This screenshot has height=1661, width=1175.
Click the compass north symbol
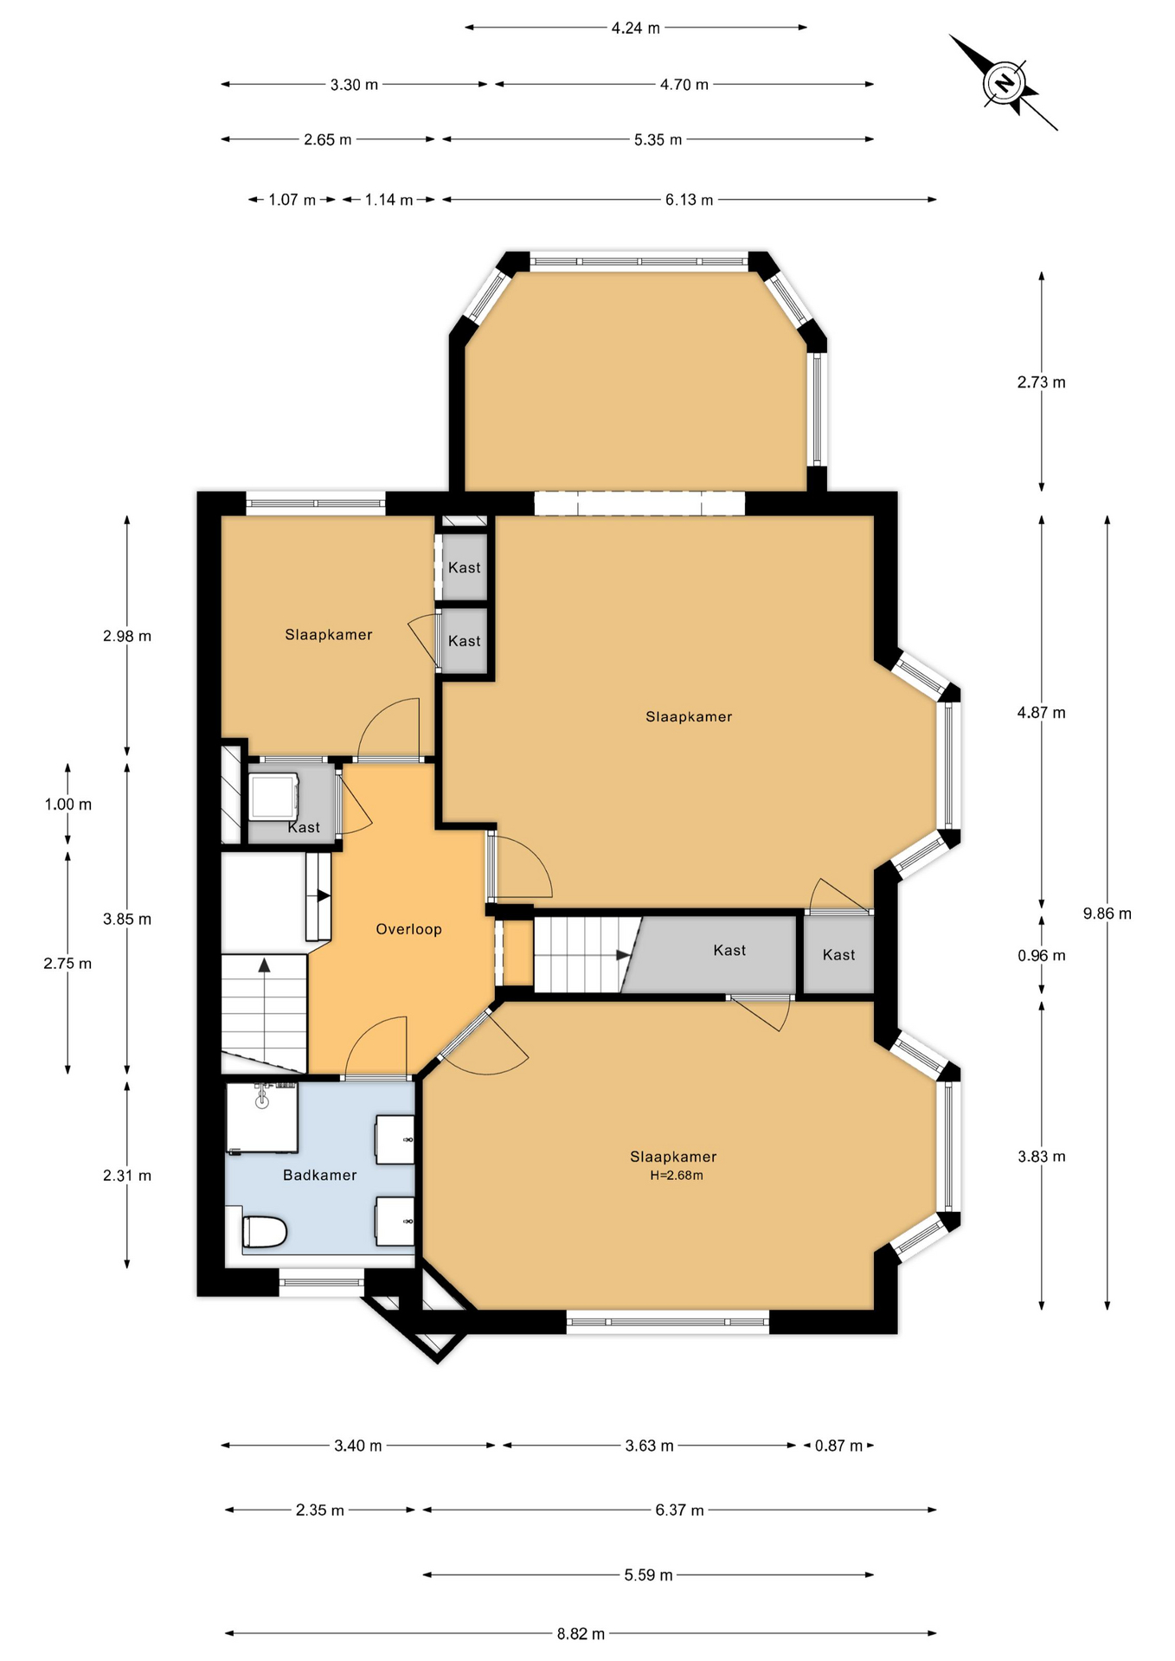(1004, 84)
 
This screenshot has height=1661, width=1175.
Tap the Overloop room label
(408, 929)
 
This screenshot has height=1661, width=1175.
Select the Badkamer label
(320, 1175)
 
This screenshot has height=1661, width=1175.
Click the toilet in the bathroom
(264, 1232)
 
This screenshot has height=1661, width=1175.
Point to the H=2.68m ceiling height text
(677, 1176)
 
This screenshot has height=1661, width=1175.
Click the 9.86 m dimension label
(1108, 914)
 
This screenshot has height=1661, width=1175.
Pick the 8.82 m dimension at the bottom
(581, 1634)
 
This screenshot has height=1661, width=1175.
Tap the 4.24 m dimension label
(636, 28)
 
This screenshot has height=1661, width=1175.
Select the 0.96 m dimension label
(1042, 956)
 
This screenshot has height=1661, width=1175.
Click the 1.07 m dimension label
(292, 200)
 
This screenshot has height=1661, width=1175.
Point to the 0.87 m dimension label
(838, 1446)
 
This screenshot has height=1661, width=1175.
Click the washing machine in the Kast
(274, 796)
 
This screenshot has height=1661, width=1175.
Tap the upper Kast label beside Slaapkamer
(465, 568)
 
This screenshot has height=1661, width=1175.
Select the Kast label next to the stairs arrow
(729, 950)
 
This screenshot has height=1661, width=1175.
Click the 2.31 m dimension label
(127, 1176)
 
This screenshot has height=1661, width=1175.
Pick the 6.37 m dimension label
(679, 1510)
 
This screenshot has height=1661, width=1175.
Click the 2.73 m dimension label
(1042, 382)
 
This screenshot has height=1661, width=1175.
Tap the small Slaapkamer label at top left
(329, 635)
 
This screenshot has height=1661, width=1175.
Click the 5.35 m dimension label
(658, 139)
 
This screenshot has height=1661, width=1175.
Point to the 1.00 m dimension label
(68, 805)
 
